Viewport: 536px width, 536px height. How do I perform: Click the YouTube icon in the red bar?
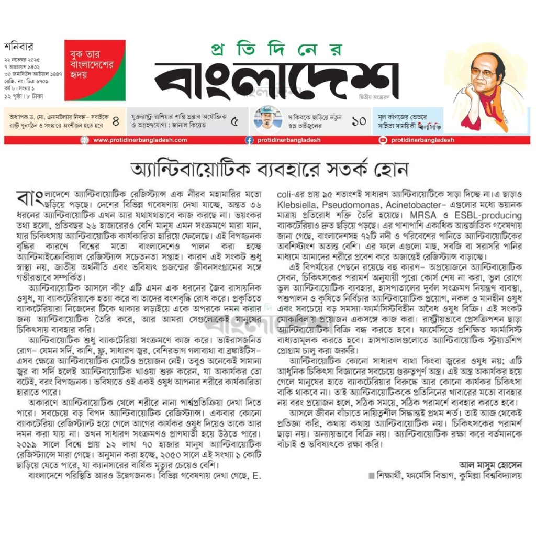point(383,140)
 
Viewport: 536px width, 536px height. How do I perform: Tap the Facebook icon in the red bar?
point(250,140)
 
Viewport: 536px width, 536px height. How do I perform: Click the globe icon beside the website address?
point(85,140)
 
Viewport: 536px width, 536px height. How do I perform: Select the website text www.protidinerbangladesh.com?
point(140,140)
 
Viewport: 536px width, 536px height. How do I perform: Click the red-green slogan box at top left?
point(95,70)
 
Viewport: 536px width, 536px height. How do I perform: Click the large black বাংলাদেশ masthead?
point(274,81)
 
